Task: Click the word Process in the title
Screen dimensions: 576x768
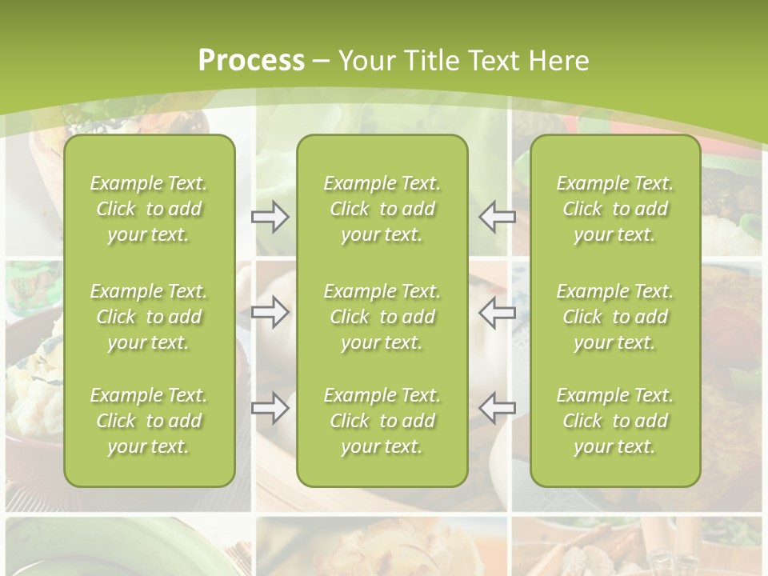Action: pyautogui.click(x=251, y=60)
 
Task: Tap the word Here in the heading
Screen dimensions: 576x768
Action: pyautogui.click(x=557, y=60)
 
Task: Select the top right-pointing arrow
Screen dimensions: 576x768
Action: pyautogui.click(x=270, y=217)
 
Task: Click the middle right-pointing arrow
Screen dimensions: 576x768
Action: pyautogui.click(x=270, y=312)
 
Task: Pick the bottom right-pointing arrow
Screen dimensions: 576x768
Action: pyautogui.click(x=270, y=408)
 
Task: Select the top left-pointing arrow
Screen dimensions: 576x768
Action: pyautogui.click(x=497, y=217)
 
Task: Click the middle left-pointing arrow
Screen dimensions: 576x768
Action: pyautogui.click(x=497, y=312)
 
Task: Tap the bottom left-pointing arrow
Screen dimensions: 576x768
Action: pyautogui.click(x=497, y=408)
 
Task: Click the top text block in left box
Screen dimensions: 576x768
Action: pyautogui.click(x=149, y=209)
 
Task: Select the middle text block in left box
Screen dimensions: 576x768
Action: pyautogui.click(x=149, y=317)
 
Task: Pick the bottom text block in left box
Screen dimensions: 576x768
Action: pyautogui.click(x=149, y=421)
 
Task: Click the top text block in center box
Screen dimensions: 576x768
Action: pyautogui.click(x=382, y=209)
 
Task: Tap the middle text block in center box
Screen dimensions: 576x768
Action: pyautogui.click(x=382, y=317)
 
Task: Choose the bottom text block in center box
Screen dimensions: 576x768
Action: pyautogui.click(x=382, y=421)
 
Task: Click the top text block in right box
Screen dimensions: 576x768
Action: pyautogui.click(x=614, y=209)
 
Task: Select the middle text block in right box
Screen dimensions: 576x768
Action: pyautogui.click(x=614, y=317)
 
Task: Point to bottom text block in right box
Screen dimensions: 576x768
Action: pyautogui.click(x=614, y=421)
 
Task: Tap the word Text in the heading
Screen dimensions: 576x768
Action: pyautogui.click(x=492, y=60)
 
